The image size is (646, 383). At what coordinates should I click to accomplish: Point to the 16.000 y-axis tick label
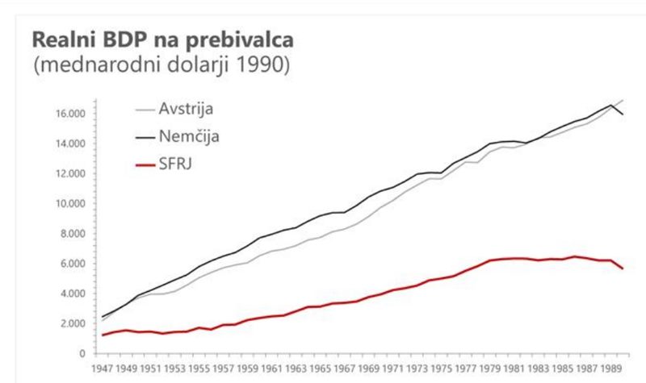71,114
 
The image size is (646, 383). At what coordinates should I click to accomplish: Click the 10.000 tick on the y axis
71,203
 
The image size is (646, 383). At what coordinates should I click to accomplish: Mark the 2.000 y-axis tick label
73,323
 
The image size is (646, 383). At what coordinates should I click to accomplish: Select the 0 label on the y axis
82,353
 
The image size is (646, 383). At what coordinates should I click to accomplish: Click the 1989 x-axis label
610,369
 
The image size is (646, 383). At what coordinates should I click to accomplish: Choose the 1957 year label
224,369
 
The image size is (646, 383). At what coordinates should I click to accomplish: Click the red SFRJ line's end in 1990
622,269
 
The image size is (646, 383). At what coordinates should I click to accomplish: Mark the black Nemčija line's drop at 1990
622,114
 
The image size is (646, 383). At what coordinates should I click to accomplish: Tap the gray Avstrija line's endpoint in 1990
622,101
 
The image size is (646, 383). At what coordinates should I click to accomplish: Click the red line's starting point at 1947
103,335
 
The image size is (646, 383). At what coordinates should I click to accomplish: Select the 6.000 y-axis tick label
73,264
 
